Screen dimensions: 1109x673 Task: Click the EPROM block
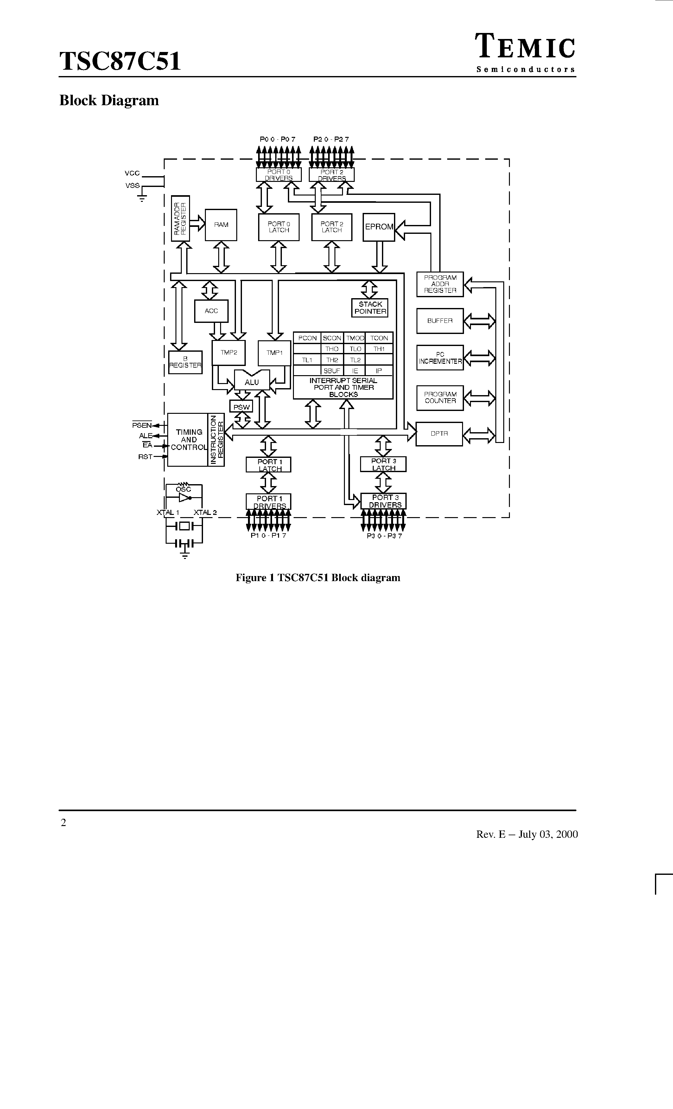coord(379,227)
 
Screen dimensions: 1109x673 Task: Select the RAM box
coord(221,225)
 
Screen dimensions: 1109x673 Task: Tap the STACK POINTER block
coord(370,308)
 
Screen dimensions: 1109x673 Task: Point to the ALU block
coord(252,382)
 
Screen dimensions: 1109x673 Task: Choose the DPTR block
coord(439,434)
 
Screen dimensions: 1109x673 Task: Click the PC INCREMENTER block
coord(440,358)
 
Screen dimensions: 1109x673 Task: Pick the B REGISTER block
coord(185,362)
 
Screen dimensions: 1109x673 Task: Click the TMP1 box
coord(274,353)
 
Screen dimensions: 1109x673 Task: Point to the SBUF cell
coord(332,371)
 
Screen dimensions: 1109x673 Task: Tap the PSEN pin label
coord(142,425)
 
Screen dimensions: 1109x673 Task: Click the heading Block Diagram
coord(109,100)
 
